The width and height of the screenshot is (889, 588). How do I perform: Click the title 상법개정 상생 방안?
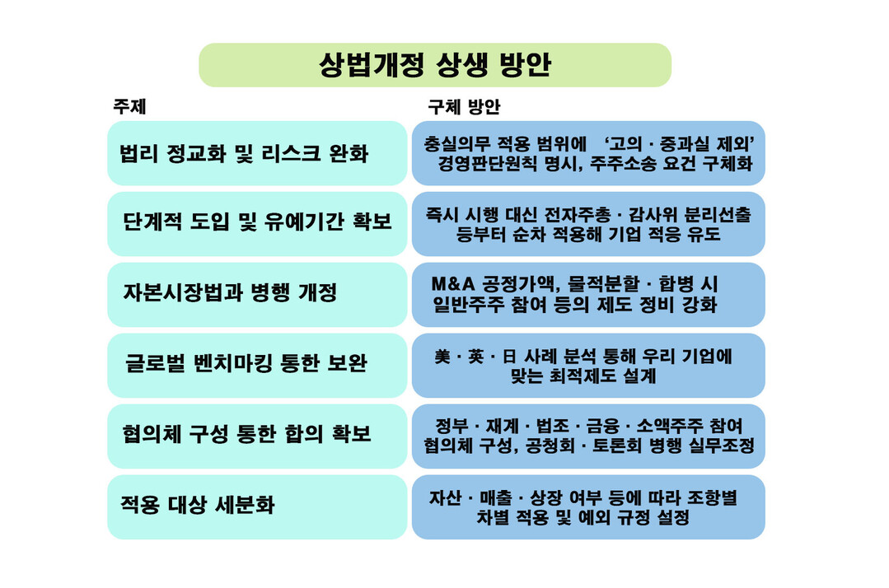(435, 64)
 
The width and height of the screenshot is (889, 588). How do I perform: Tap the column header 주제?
(130, 106)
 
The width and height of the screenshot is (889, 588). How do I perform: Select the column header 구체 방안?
(464, 106)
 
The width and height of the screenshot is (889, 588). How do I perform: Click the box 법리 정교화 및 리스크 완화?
(257, 153)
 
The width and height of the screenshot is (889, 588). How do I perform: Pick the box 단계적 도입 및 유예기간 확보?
(257, 224)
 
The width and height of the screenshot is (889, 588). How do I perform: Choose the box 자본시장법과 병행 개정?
(257, 295)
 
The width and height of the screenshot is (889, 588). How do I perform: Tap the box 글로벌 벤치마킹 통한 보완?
(257, 366)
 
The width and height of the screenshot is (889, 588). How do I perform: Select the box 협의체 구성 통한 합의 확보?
(257, 436)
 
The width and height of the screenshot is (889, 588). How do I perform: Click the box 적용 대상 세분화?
(257, 507)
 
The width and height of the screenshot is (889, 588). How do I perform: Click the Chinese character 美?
(442, 357)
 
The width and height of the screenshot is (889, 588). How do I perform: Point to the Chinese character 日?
(509, 357)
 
